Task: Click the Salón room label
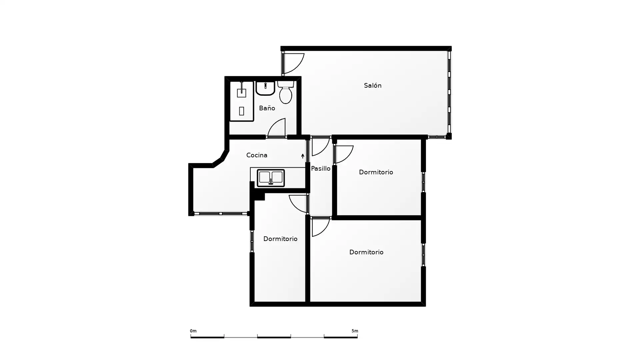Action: (372, 86)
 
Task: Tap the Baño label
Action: (267, 108)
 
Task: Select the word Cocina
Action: (257, 155)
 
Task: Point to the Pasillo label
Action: (321, 169)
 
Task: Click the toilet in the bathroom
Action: (286, 92)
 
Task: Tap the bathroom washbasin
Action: (265, 88)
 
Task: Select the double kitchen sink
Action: (271, 178)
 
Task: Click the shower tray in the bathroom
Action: (242, 101)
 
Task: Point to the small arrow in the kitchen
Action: (303, 156)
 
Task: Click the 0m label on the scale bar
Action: (193, 331)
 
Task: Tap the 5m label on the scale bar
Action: (355, 331)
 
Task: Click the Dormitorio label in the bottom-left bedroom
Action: (280, 239)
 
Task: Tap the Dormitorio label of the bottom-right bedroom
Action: (366, 252)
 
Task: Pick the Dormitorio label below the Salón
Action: (376, 172)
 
